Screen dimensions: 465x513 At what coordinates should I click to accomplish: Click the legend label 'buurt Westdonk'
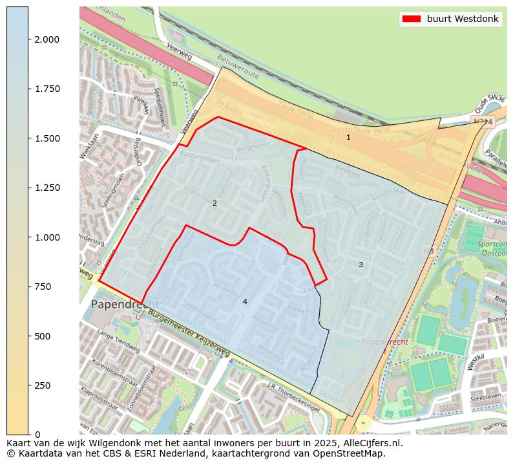click(463, 19)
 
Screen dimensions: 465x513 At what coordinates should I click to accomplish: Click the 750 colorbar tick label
click(43, 287)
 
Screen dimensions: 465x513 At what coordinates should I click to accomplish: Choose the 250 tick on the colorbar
click(43, 385)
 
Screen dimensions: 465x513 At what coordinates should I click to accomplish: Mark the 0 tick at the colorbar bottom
click(36, 435)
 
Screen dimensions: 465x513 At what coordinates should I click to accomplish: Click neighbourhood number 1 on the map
click(348, 137)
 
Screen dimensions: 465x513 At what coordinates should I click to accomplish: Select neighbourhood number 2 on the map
click(215, 203)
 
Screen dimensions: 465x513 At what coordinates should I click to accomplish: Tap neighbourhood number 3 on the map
click(361, 265)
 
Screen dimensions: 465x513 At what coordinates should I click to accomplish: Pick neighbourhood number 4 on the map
click(245, 301)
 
